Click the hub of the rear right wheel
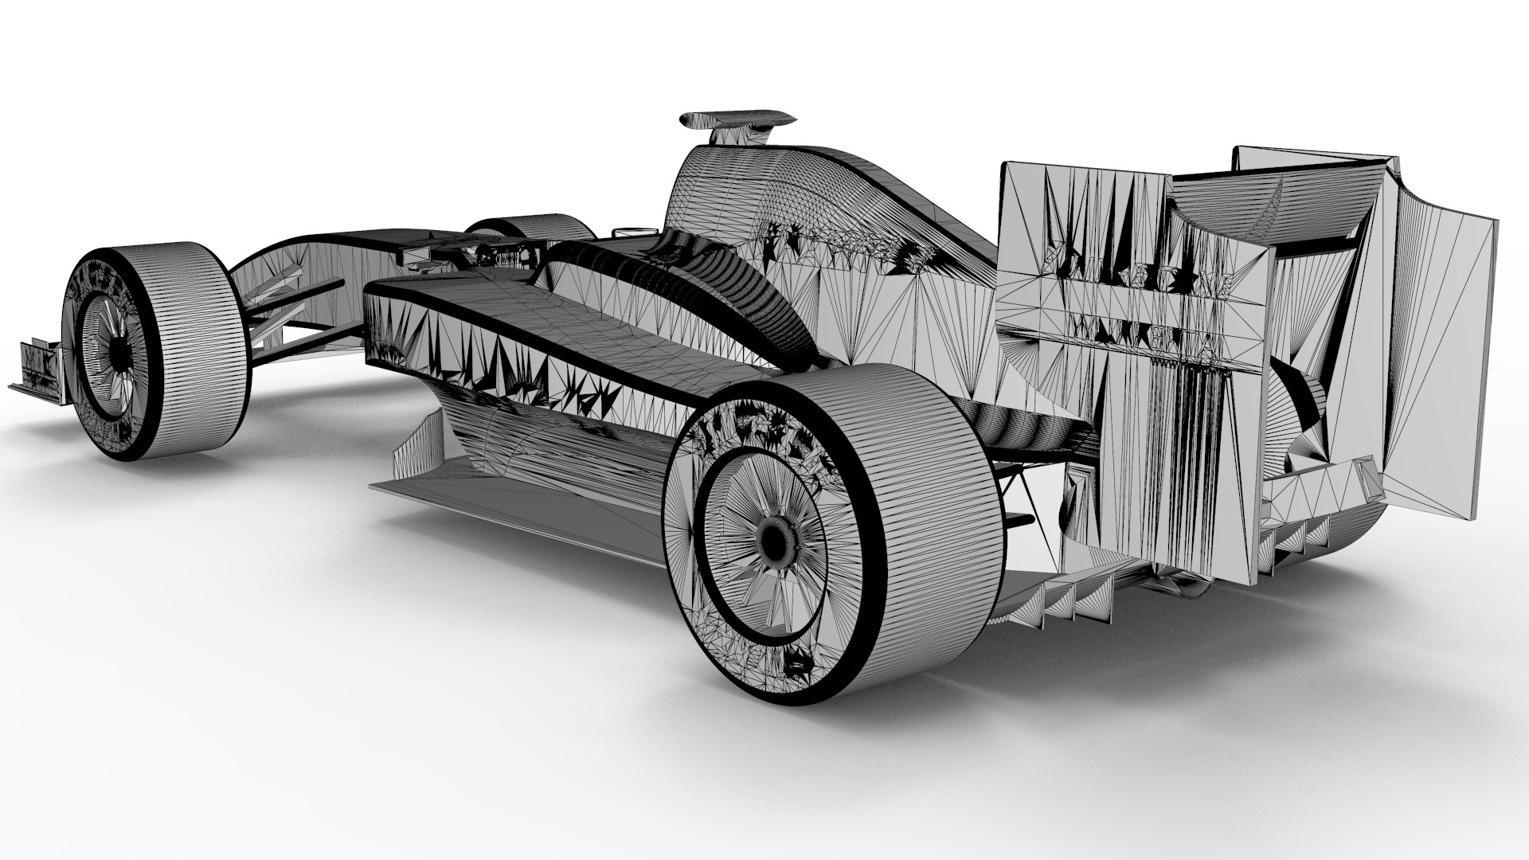pyautogui.click(x=772, y=542)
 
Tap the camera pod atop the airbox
pyautogui.click(x=737, y=119)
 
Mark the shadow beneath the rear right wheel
pyautogui.click(x=916, y=717)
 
